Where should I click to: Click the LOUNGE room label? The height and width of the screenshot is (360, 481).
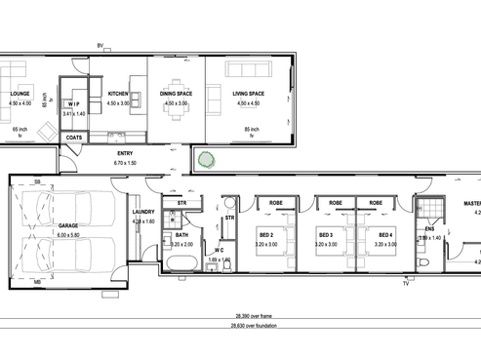(x=20, y=95)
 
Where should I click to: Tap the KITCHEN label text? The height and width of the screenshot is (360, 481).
(x=118, y=95)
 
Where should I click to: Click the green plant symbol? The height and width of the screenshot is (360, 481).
(x=207, y=158)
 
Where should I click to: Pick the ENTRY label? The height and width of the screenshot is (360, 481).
(x=125, y=154)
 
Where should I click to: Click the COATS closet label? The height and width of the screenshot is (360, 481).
(x=75, y=138)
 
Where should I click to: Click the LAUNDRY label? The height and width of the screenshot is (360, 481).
(x=143, y=214)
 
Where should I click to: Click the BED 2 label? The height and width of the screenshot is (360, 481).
(x=265, y=235)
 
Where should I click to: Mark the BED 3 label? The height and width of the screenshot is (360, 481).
(x=326, y=235)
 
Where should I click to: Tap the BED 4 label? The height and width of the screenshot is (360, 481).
(x=384, y=235)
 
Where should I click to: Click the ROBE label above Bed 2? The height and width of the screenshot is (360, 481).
(x=276, y=202)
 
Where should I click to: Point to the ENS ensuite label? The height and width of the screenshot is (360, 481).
(x=429, y=230)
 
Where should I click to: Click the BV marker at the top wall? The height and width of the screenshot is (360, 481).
(x=100, y=46)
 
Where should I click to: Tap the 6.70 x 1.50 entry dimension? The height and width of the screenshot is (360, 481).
(x=125, y=162)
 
